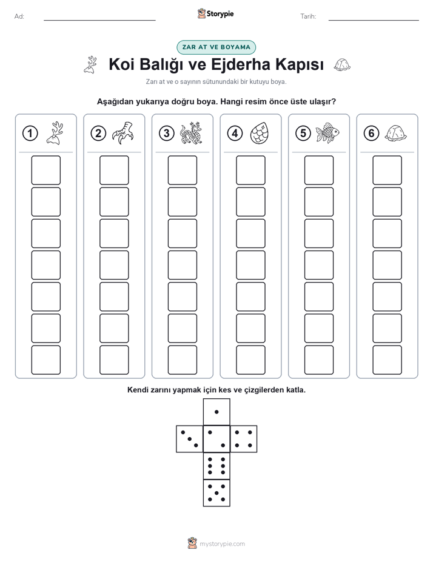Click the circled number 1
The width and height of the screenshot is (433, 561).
pos(30,134)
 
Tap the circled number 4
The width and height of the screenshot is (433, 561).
pos(235,134)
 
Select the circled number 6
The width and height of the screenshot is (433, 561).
pos(371,134)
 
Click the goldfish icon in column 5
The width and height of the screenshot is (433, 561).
pos(327,133)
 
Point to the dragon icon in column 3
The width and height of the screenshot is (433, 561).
pos(191,133)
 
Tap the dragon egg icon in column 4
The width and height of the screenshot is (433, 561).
pos(260,133)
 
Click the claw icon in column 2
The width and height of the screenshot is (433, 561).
pos(123,133)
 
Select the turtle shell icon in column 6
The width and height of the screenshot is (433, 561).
pos(396,133)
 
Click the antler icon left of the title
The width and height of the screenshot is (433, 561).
pos(91,65)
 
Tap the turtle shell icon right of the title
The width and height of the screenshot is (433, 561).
pos(342,65)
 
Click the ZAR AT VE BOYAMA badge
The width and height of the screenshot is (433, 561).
pos(216,47)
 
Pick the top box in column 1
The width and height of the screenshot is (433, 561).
pos(45,170)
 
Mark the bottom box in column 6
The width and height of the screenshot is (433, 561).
pos(388,360)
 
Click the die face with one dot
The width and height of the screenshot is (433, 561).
pos(216,412)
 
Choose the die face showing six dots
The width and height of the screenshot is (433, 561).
pos(216,466)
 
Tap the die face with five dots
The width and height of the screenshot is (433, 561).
pos(216,493)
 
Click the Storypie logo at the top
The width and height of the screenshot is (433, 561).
pos(215,14)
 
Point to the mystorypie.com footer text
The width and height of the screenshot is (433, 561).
pos(222,544)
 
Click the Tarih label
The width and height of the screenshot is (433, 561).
pos(308,16)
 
